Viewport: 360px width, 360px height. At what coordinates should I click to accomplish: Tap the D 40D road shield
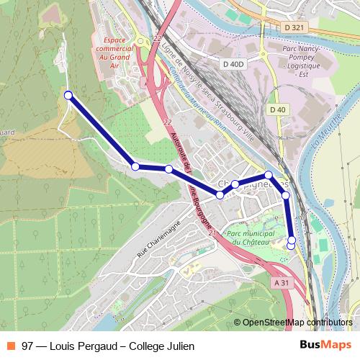pyautogui.click(x=234, y=65)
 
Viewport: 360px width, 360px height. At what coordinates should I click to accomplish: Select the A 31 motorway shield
pyautogui.click(x=282, y=283)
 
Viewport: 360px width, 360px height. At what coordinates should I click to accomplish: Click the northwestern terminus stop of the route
pyautogui.click(x=68, y=95)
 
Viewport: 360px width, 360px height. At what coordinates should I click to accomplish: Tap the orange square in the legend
pyautogui.click(x=11, y=346)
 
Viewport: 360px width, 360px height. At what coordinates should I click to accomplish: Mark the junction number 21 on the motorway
pyautogui.click(x=212, y=235)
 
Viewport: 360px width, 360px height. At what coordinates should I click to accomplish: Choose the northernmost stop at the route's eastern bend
pyautogui.click(x=268, y=175)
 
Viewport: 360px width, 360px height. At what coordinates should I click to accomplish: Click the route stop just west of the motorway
pyautogui.click(x=168, y=169)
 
